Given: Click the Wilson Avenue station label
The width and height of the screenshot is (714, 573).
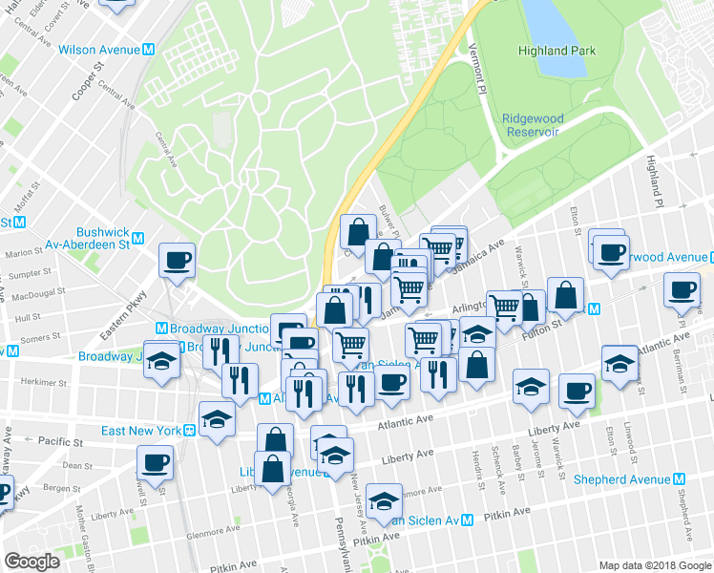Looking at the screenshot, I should point(99,50).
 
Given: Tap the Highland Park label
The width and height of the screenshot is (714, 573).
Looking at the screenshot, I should point(556,51).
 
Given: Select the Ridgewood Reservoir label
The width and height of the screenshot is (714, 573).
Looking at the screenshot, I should point(534,125).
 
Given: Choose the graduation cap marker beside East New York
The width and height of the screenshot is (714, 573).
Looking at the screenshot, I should point(218,418).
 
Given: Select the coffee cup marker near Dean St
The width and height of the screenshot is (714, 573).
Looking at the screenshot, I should point(155,463).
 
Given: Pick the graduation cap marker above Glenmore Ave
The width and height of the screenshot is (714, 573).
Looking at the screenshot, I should point(384,500).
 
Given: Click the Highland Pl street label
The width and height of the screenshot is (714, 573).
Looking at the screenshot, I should point(654,181).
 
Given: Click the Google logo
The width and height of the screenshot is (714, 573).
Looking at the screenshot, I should point(31,562).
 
